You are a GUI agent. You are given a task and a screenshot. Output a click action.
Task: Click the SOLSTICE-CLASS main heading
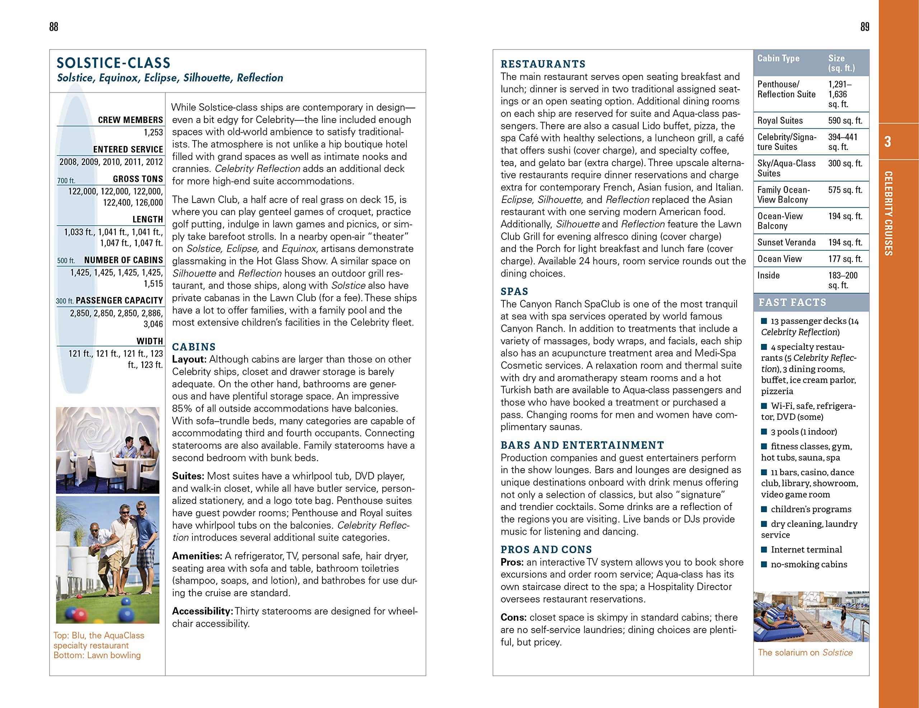(113, 63)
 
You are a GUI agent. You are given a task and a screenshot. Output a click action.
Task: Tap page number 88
(53, 27)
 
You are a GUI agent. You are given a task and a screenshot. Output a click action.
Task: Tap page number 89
(865, 27)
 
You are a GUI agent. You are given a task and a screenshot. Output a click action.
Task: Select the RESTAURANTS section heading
(543, 64)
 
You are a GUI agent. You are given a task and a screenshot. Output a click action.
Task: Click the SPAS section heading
(514, 291)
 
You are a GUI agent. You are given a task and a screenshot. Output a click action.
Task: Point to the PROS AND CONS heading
(546, 549)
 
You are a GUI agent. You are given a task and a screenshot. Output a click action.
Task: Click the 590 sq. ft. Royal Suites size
(845, 121)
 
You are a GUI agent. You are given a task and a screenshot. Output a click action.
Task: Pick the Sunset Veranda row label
(780, 242)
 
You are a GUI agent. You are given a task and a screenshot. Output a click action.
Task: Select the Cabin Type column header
(778, 58)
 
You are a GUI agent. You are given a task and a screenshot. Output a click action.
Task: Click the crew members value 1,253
(153, 132)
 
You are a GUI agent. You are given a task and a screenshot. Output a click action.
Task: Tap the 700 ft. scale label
(66, 181)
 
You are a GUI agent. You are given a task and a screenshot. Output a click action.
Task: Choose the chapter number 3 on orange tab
(887, 142)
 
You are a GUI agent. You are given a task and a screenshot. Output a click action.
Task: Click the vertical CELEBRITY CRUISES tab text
(888, 213)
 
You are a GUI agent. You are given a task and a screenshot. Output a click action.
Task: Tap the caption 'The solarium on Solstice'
(805, 652)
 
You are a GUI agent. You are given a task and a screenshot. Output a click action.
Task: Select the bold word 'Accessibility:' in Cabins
(202, 611)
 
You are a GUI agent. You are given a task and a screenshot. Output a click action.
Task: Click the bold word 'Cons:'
(513, 618)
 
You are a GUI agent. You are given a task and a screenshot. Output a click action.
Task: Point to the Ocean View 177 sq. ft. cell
(845, 259)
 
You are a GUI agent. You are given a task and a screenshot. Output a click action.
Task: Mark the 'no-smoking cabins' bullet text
(809, 564)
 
